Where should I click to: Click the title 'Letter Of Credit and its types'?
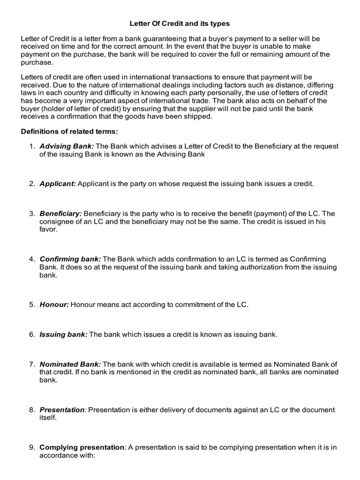(180, 23)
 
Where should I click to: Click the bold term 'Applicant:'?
(58, 184)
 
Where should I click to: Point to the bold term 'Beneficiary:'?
(60, 214)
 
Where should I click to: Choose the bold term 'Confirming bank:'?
(70, 259)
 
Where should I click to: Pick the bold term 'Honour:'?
(54, 304)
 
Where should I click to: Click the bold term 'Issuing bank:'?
(63, 334)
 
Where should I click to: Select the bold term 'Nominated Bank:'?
(70, 364)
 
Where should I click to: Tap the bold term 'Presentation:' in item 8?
(63, 410)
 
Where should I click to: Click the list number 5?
(32, 304)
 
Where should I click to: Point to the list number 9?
(32, 447)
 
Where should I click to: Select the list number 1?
(32, 146)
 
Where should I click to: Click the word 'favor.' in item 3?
(48, 229)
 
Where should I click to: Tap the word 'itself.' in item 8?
(48, 417)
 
